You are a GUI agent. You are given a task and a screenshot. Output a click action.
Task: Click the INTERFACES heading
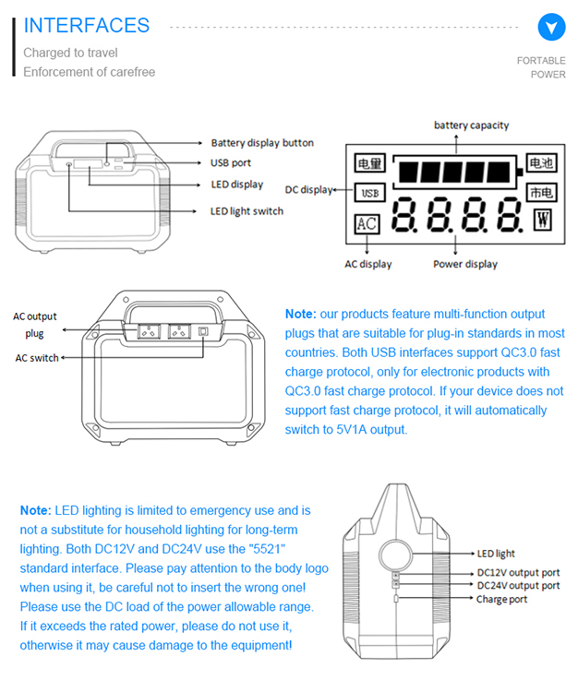86,26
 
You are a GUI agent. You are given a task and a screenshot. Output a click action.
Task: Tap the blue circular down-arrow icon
551,27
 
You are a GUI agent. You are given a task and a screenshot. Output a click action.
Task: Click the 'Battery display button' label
262,143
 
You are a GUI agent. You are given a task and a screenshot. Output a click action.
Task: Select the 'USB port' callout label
231,163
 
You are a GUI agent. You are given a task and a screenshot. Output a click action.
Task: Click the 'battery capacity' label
471,125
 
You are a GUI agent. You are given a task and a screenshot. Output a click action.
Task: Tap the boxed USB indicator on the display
368,194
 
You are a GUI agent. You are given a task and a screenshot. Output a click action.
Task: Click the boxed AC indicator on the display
367,224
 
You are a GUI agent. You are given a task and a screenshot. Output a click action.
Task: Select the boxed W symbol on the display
542,219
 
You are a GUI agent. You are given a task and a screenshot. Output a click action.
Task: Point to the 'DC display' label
308,190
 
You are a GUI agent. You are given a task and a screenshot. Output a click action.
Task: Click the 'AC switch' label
37,358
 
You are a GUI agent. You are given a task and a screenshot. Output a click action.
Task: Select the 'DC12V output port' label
518,573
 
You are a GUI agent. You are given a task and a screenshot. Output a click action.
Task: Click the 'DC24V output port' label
518,586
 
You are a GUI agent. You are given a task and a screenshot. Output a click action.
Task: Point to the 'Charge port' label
501,600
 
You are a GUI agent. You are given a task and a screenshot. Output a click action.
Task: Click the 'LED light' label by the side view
496,554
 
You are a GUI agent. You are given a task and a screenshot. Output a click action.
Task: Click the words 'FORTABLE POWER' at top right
542,67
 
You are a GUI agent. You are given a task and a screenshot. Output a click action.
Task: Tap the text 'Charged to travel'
70,53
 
